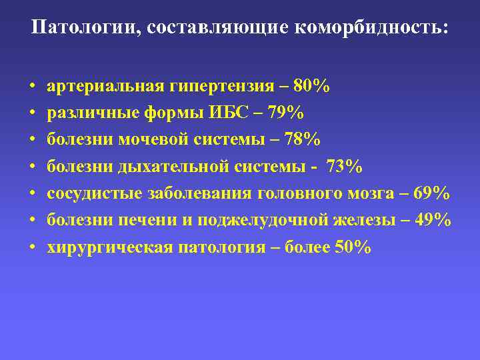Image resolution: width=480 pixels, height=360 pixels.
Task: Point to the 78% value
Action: pos(302,139)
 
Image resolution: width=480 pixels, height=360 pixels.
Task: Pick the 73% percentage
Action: pos(345,167)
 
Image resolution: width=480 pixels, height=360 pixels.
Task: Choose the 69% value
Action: pos(432,193)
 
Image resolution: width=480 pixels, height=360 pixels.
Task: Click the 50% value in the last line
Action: pos(353,247)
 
